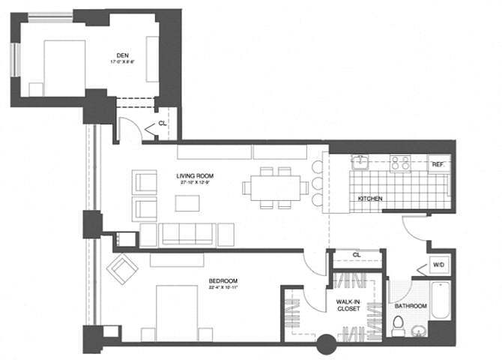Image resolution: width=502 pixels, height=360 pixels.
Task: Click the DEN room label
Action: [123, 54]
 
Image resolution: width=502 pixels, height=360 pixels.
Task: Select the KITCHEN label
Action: [370, 199]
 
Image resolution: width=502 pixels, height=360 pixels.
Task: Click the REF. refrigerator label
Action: [436, 163]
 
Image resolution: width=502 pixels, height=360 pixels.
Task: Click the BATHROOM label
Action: [411, 306]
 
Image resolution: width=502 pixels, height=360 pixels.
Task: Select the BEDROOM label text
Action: [223, 281]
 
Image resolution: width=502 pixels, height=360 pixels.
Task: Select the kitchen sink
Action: [360, 161]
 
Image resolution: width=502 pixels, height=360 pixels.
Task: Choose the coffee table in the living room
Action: [187, 203]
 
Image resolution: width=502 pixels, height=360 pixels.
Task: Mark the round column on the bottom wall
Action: [325, 346]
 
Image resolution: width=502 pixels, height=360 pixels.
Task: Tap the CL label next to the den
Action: [162, 124]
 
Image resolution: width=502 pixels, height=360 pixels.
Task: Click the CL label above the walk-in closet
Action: [357, 255]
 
